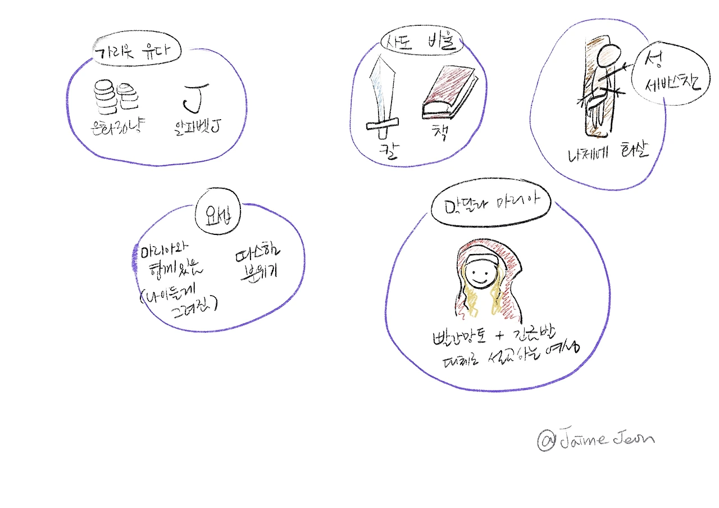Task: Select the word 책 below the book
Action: pos(438,133)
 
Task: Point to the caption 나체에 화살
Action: pos(607,152)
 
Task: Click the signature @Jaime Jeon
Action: pos(595,440)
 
